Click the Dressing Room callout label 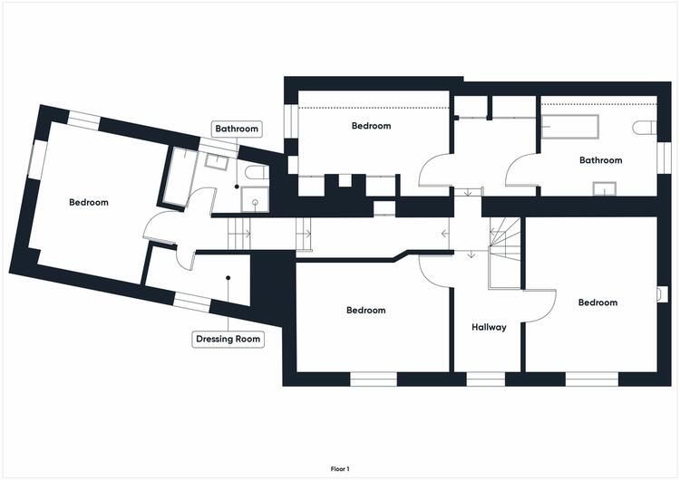tap(228, 339)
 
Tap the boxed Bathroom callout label tap(237, 129)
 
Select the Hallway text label tap(489, 327)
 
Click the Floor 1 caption tap(340, 469)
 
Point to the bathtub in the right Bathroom tap(570, 126)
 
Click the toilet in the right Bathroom tap(645, 128)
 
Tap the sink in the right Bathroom tap(605, 189)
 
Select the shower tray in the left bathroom tap(255, 200)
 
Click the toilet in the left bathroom tap(257, 173)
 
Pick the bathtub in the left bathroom tap(179, 177)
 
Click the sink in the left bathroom tap(217, 161)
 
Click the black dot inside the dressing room tap(228, 278)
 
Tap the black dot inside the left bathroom tap(237, 187)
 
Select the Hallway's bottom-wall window tap(486, 379)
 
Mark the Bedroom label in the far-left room tap(89, 202)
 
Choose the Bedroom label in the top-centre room tap(371, 126)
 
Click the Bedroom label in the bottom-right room tap(598, 302)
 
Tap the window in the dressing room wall tap(192, 302)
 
